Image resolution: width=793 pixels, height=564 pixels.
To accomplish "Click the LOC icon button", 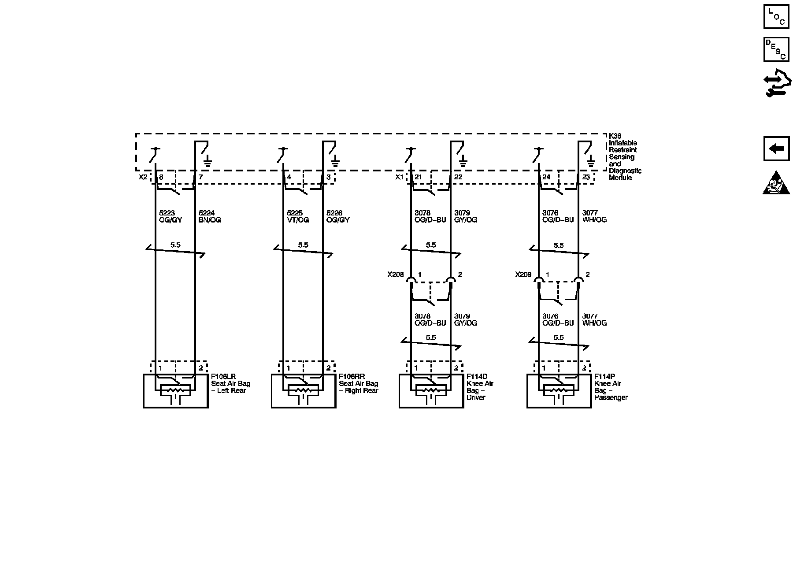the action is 776,16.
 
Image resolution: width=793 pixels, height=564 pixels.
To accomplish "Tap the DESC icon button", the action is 776,49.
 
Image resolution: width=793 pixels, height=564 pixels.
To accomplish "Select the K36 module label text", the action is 625,157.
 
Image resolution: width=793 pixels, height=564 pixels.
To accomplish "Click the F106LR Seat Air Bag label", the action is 230,383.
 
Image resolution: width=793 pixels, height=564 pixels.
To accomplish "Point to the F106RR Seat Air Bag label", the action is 358,383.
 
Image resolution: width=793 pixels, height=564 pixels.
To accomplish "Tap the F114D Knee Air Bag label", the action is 480,387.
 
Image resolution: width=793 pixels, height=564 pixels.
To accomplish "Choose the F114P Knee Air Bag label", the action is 611,387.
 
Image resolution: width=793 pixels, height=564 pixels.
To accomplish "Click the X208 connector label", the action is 395,275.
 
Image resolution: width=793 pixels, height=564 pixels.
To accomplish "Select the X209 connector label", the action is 523,275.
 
